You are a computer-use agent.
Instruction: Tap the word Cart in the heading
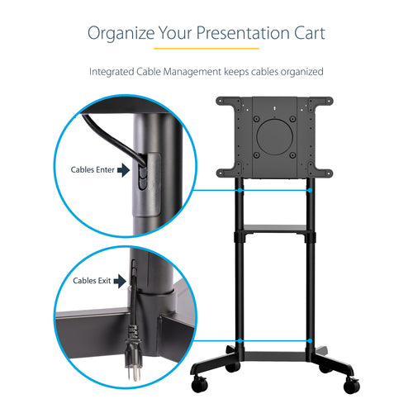302,34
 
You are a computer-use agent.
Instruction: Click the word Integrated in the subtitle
114,72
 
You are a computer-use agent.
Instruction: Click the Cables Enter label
93,171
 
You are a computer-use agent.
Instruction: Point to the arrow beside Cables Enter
124,171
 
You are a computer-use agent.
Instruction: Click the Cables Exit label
92,281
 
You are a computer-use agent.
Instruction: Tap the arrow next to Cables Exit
121,281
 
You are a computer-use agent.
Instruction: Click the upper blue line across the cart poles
273,190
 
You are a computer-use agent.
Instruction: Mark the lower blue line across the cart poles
273,340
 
